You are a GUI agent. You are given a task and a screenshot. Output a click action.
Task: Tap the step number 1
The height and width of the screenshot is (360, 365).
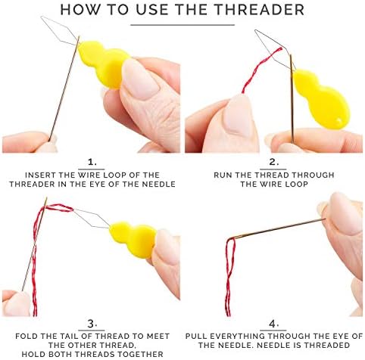tap(92, 162)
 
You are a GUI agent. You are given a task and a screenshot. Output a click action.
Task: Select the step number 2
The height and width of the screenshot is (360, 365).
tap(273, 162)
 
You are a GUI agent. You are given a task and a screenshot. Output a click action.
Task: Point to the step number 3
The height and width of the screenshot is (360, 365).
tap(92, 324)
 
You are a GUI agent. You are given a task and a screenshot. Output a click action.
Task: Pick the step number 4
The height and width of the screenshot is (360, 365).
tap(273, 324)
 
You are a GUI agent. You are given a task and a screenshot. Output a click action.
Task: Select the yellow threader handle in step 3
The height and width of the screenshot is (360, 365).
tap(133, 239)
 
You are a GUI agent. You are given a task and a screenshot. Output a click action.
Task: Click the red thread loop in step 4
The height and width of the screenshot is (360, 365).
tap(229, 277)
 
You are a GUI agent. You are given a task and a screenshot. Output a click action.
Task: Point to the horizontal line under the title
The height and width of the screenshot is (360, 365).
tap(182, 25)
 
